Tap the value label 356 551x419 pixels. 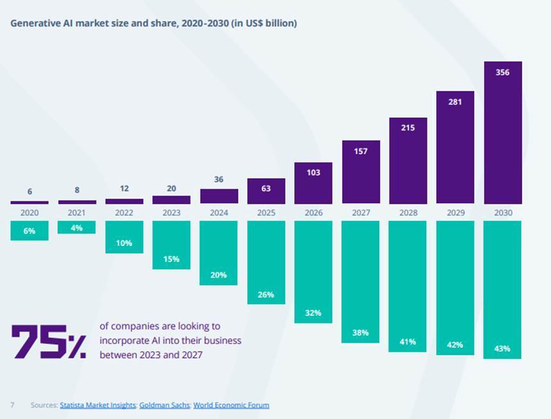point(502,72)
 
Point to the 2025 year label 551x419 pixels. point(266,213)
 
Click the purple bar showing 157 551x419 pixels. point(361,172)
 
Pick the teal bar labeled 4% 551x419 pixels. point(77,227)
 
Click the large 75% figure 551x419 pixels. point(49,341)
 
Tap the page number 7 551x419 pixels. point(12,405)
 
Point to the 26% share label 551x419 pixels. point(266,295)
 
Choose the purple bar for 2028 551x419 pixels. point(408,160)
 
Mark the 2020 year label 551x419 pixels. point(29,213)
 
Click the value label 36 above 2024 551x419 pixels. point(218,179)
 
